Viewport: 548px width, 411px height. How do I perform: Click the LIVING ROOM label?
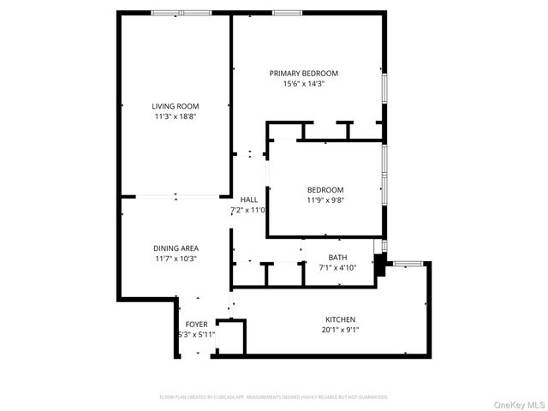tap(176, 106)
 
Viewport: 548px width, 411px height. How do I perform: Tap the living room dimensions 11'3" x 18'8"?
tap(176, 116)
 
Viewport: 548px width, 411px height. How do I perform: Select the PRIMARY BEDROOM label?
tap(304, 74)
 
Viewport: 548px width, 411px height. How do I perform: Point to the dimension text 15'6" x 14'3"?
tap(304, 84)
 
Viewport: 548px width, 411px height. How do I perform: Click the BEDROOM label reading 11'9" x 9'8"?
tap(325, 190)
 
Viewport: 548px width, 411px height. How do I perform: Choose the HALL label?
tap(249, 200)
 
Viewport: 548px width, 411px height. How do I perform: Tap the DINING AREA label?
tap(176, 248)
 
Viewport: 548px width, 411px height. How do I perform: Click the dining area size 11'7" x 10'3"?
tap(176, 259)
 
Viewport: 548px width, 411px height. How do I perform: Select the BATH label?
tap(337, 258)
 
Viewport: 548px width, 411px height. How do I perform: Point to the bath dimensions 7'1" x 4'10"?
tap(337, 268)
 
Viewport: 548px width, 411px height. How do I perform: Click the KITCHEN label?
tap(340, 319)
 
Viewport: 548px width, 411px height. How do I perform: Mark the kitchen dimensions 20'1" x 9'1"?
tap(340, 330)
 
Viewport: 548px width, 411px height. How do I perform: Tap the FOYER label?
tap(197, 325)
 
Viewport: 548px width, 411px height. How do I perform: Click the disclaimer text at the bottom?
tap(274, 397)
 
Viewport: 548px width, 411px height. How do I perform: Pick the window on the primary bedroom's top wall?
tap(285, 13)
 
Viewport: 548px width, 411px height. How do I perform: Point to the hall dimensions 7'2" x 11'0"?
tap(249, 210)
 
